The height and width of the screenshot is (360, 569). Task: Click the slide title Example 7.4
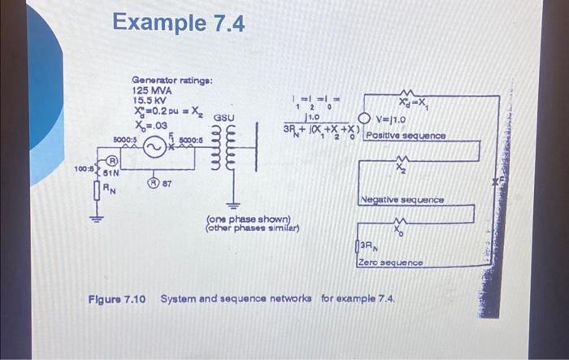178,24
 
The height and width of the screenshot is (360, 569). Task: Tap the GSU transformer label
225,118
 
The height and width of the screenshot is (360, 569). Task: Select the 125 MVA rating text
150,91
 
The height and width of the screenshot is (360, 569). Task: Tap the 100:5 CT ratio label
85,171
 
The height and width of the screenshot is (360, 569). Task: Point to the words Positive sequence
406,136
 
